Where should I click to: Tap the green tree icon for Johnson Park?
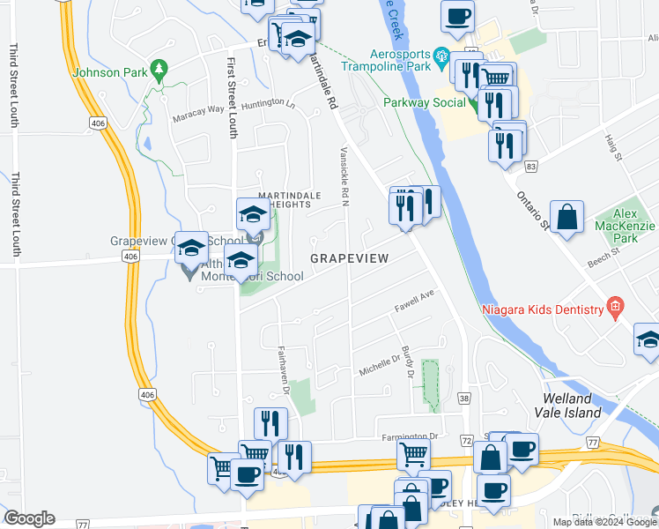click(159, 68)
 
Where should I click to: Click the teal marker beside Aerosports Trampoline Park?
click(441, 55)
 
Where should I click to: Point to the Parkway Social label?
click(424, 102)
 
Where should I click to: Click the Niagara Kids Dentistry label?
click(542, 309)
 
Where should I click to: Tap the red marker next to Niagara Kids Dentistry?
click(615, 308)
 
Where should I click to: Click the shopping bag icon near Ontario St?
click(567, 217)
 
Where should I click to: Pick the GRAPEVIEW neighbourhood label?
click(349, 257)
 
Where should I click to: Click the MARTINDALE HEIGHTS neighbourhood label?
click(284, 200)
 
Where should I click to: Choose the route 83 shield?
click(529, 165)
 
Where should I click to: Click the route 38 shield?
click(464, 399)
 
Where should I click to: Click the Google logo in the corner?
click(29, 518)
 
